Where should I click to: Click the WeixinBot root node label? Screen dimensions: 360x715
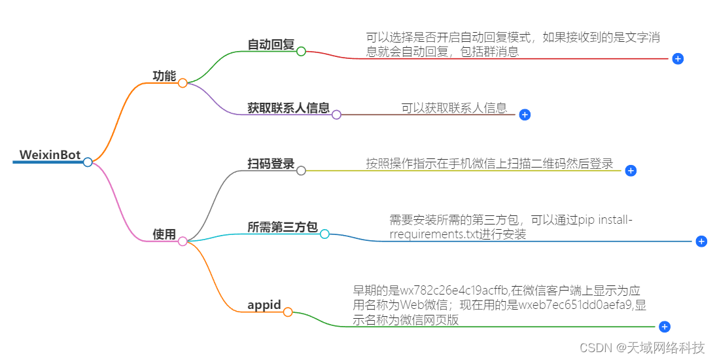coord(50,155)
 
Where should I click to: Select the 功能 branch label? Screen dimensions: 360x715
coord(164,76)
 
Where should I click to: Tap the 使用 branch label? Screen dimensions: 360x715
coord(164,234)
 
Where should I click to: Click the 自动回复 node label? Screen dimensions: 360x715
coord(271,45)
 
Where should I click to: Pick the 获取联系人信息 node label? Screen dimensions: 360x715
coord(288,108)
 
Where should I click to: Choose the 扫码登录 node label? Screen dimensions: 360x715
coord(271,164)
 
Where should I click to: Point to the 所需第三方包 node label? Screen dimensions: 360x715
coord(283,227)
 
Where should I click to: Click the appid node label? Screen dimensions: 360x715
coord(264,305)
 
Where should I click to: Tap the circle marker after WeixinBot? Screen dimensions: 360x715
coord(88,162)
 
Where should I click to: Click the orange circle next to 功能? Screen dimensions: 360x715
coord(183,83)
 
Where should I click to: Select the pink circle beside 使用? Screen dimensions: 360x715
coord(183,242)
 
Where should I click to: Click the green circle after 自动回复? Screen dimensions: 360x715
coord(301,51)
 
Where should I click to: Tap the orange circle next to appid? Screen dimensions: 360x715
coord(288,312)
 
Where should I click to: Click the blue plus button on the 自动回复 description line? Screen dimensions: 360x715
coord(678,59)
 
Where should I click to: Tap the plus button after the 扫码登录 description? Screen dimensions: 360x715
coord(631,171)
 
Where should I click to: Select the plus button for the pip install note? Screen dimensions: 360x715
coord(701,242)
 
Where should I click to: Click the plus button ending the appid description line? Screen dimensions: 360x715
coord(665,327)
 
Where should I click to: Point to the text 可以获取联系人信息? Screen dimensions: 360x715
coord(454,108)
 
